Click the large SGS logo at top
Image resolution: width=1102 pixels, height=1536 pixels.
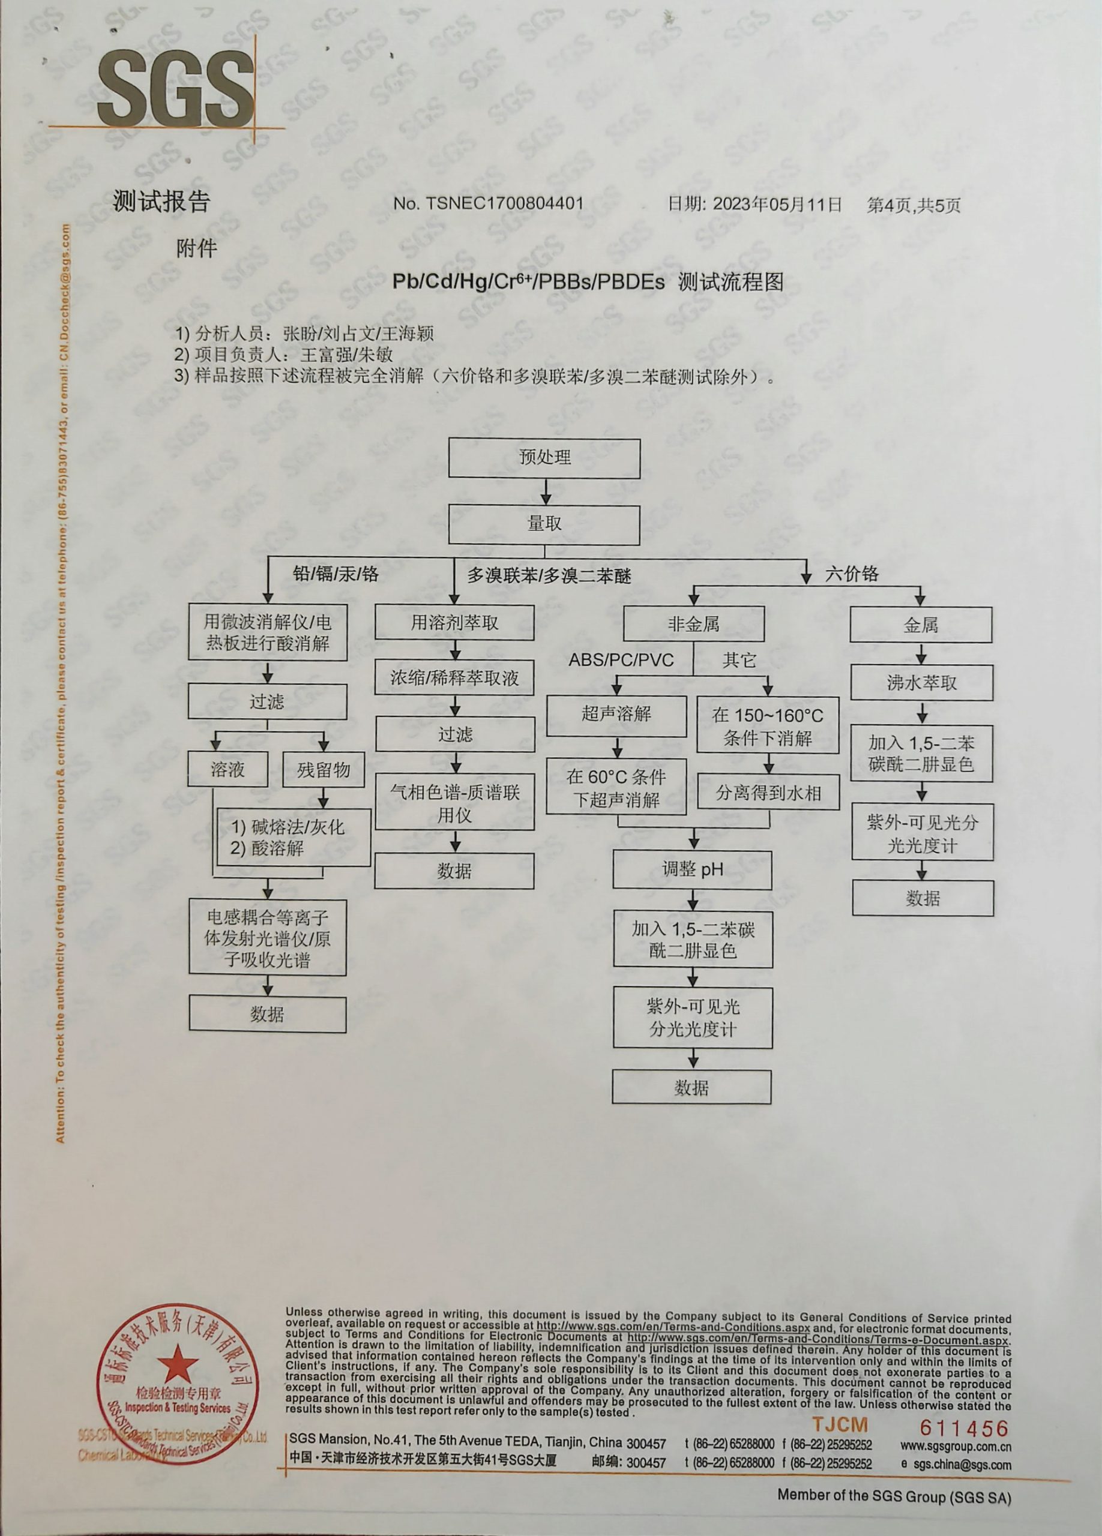point(175,90)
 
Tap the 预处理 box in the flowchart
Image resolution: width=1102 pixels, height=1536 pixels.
point(544,458)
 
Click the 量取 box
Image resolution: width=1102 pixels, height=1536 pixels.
point(544,525)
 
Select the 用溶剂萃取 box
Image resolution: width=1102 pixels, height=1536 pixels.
point(454,622)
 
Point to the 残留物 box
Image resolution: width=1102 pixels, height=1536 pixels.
point(324,769)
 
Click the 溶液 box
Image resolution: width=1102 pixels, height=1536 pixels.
point(227,769)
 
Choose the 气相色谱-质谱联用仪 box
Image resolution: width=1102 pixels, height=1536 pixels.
point(454,803)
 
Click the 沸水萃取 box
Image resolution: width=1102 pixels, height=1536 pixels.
point(921,683)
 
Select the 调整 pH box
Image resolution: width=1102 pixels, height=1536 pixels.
point(692,869)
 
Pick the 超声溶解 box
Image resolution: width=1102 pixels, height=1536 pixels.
point(616,714)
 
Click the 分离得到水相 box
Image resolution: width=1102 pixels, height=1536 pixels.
point(768,793)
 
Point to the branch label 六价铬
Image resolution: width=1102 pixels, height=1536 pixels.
point(852,574)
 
